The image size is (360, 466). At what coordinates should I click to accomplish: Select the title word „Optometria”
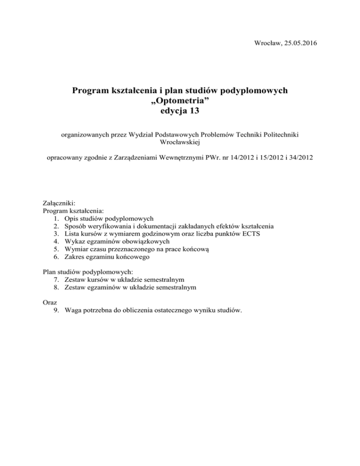coord(180,100)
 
